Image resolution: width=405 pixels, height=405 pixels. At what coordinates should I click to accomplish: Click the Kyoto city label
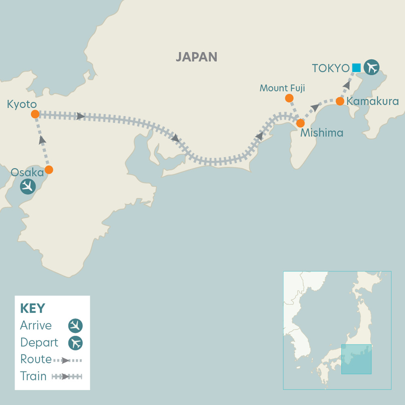tap(22, 104)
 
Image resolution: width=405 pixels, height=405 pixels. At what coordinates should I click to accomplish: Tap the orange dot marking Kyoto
tap(35, 114)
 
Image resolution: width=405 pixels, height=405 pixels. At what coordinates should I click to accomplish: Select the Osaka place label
tap(27, 173)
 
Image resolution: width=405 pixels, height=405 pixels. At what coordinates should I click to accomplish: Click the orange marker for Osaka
tap(49, 170)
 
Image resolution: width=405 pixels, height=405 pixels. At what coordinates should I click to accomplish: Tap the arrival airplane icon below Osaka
tap(28, 187)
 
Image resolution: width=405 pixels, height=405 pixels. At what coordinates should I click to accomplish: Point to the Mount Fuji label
tap(282, 88)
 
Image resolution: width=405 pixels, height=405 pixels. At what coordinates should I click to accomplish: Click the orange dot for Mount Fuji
tap(289, 98)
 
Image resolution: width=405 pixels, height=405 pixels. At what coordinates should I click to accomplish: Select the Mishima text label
tap(322, 133)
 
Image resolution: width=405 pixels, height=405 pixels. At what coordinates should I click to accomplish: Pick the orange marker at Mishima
tap(301, 123)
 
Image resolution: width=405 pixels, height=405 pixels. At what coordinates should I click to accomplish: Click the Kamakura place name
tap(373, 101)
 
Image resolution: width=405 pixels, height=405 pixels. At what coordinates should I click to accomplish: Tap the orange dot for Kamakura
tap(340, 101)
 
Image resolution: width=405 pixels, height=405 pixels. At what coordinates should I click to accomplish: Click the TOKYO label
tap(330, 68)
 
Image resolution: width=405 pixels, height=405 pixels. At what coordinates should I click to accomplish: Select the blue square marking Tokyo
tap(356, 68)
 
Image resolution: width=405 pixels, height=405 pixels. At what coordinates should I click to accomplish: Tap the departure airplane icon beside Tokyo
tap(371, 68)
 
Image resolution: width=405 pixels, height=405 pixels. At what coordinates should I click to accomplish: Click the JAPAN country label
tap(196, 57)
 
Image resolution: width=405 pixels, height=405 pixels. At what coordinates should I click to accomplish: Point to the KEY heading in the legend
tap(32, 308)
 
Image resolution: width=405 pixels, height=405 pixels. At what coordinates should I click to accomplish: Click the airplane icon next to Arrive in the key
tap(75, 326)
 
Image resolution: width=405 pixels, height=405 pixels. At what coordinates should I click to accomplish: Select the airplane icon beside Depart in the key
tap(75, 343)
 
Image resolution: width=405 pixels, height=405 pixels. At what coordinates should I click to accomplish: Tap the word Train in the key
tap(33, 376)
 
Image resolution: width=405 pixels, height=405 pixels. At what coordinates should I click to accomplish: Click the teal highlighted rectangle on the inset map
tap(356, 359)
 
